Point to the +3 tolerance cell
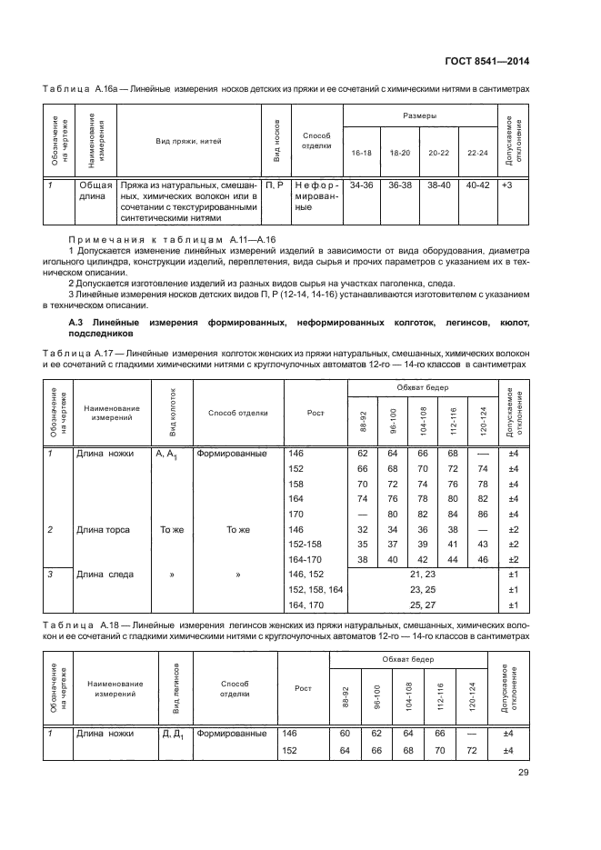pyautogui.click(x=507, y=185)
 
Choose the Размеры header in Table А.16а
pyautogui.click(x=419, y=116)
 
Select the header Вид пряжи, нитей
pyautogui.click(x=188, y=141)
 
